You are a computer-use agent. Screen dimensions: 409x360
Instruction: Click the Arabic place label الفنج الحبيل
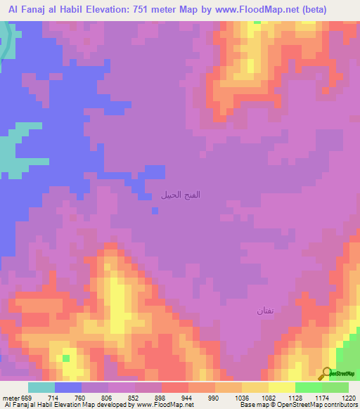(x=181, y=194)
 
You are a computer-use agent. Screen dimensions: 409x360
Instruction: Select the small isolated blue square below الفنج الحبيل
(x=155, y=209)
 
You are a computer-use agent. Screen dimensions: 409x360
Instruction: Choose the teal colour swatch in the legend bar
(x=41, y=387)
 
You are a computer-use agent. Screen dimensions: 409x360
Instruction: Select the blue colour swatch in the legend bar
(x=68, y=387)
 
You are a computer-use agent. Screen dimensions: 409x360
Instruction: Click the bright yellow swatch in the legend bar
(x=282, y=387)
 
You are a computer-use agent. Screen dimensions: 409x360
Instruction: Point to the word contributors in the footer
(x=341, y=405)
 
